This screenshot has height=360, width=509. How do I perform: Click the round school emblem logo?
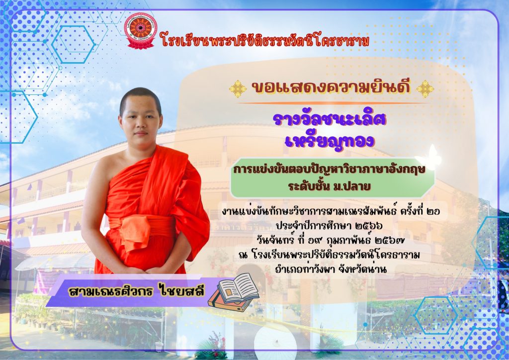pos(141,31)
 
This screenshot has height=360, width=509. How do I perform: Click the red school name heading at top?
pos(265,41)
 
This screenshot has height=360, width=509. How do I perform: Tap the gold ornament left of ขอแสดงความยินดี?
pos(238,89)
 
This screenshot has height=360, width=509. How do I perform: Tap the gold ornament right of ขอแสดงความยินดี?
pos(425,89)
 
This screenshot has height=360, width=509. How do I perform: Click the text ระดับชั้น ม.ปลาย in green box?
pos(329,186)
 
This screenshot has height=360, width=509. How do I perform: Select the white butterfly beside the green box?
pos(429,158)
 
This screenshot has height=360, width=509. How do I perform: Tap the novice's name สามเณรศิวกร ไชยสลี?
pos(136,291)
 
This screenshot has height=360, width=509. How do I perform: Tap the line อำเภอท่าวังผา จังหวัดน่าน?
pos(331,269)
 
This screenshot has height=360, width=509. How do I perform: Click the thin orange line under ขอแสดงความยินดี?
pos(331,103)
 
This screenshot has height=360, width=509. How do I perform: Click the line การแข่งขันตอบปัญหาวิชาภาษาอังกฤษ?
pos(329,170)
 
